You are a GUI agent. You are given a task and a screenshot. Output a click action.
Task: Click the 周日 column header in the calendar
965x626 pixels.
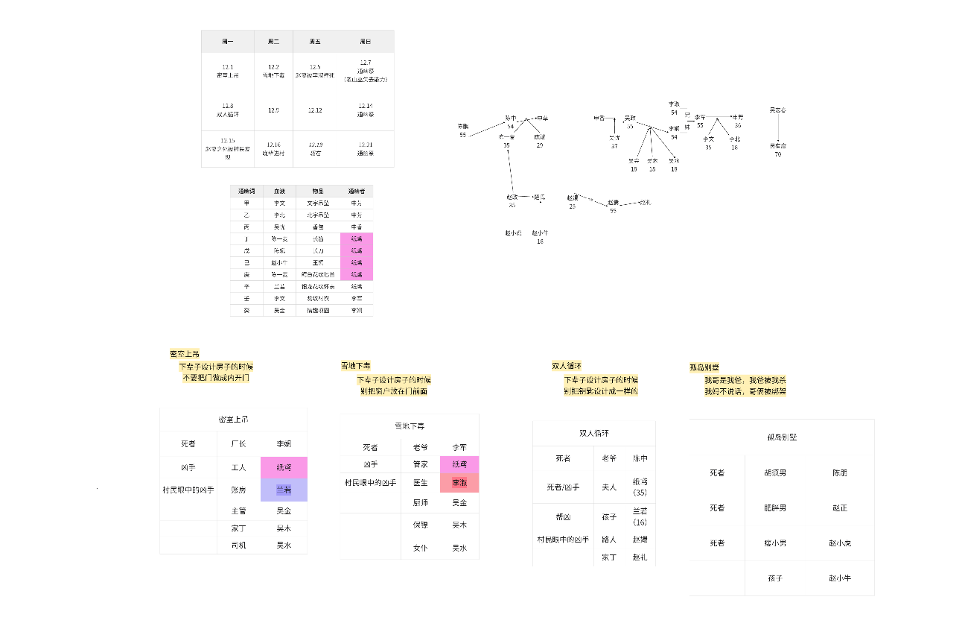[366, 41]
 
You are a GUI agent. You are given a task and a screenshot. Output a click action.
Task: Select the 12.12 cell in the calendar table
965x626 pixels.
[315, 110]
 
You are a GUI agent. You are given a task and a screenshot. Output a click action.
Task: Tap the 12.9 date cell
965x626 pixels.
[273, 110]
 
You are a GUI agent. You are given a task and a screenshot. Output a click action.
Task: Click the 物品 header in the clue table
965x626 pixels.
[318, 191]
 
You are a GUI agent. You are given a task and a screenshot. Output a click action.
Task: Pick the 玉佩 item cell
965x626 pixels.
[318, 262]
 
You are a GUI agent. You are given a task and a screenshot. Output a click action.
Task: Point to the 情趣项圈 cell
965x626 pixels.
[318, 310]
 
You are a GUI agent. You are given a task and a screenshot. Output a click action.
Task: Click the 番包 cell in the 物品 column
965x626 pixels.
[318, 227]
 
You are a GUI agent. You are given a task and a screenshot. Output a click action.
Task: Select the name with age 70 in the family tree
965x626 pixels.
[777, 145]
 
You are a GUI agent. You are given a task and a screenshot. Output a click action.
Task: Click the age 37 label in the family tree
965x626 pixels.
[614, 146]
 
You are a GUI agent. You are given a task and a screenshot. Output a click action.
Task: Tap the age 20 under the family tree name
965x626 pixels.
[540, 145]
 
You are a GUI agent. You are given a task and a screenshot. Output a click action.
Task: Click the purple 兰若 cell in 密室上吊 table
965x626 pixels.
[284, 490]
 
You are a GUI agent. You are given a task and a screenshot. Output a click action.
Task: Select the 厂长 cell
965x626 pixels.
[238, 443]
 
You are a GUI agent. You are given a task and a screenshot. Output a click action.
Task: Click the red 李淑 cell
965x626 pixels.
[459, 483]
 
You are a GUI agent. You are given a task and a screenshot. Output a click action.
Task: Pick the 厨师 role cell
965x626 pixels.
[420, 503]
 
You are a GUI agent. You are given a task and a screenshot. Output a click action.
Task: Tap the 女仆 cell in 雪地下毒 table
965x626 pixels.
[420, 548]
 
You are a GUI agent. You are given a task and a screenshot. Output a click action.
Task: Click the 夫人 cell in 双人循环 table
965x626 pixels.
[609, 487]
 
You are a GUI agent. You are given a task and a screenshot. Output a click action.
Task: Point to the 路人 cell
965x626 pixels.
[609, 539]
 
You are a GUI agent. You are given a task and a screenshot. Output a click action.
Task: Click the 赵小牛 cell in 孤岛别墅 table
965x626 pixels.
[839, 578]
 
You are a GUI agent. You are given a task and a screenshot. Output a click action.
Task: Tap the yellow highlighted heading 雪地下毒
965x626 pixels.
[356, 366]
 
